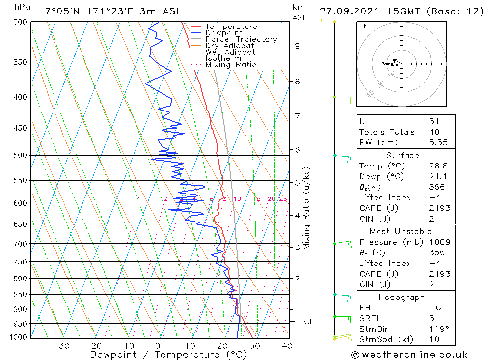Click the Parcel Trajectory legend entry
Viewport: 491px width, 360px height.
click(x=241, y=39)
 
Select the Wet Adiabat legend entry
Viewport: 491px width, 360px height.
click(x=230, y=52)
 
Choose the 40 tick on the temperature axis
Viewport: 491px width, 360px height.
click(x=287, y=346)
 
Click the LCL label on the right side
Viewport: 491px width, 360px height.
click(x=306, y=322)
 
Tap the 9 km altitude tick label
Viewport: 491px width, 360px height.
click(x=297, y=46)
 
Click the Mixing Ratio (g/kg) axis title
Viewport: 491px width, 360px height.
click(x=307, y=208)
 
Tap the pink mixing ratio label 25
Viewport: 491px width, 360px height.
click(x=283, y=199)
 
